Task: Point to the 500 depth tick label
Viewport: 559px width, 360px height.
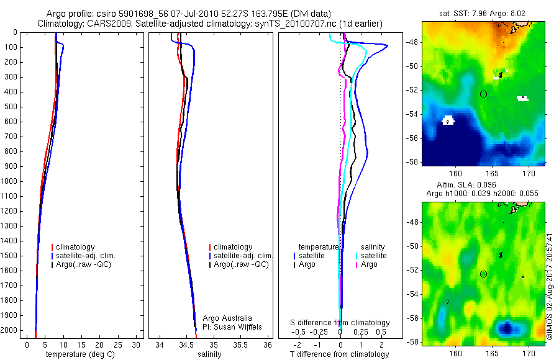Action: [11, 107]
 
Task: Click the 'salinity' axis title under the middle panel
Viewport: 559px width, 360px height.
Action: [209, 354]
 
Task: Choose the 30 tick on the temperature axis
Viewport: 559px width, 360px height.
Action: [138, 344]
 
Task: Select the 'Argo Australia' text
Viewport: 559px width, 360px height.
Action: [228, 318]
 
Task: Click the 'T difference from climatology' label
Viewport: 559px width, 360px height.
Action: [339, 354]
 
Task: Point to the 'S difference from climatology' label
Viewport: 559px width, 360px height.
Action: [340, 323]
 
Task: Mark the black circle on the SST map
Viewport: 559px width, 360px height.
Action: [483, 94]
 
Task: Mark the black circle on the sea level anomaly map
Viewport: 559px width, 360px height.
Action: [483, 274]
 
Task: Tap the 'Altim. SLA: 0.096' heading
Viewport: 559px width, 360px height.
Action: [481, 184]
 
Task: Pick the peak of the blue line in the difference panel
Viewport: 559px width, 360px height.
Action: [388, 45]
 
